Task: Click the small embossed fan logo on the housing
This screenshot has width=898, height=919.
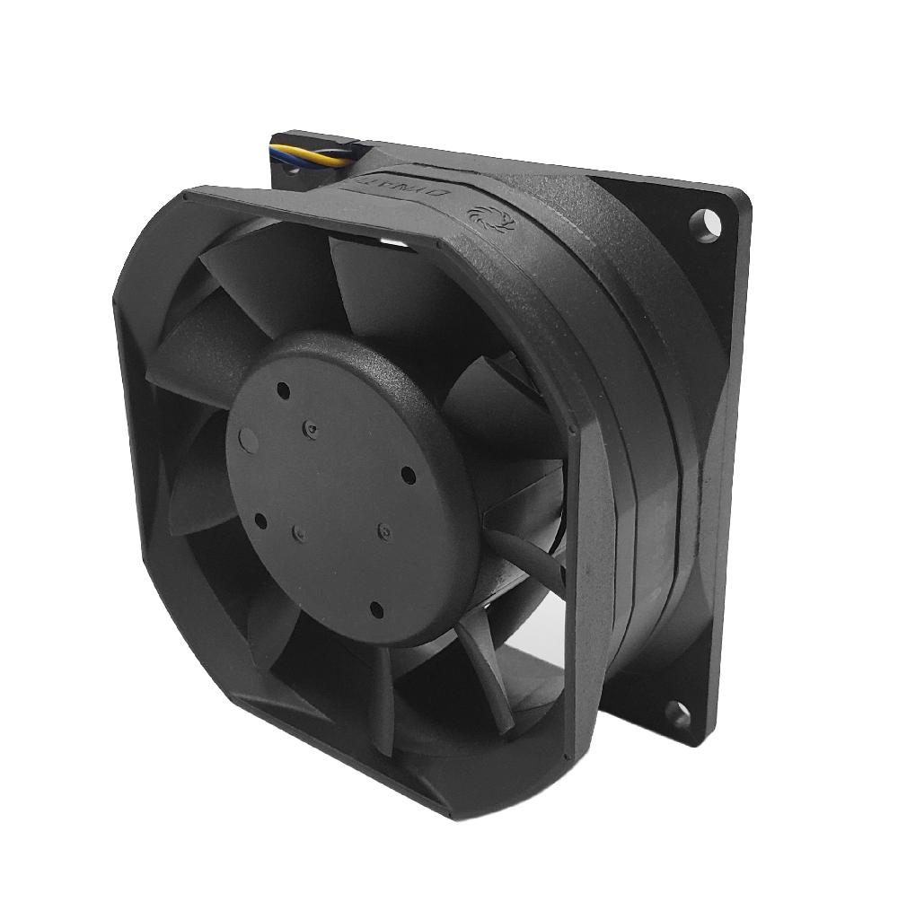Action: coord(480,216)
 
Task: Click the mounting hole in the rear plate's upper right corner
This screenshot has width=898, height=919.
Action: coord(709,220)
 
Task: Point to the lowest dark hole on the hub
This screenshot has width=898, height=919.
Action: coord(376,611)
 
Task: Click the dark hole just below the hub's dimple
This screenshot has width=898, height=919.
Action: coord(260,521)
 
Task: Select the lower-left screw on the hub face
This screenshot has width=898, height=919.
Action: coord(297,536)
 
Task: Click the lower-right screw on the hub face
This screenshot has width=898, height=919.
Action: coord(383,530)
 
